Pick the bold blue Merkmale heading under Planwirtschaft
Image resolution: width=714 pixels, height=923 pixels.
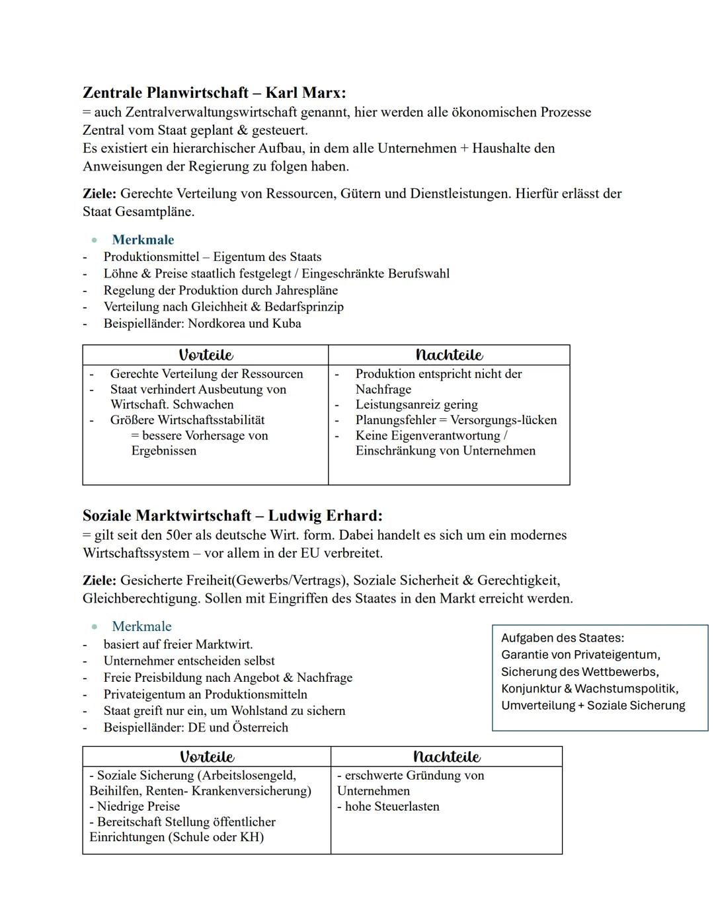[143, 240]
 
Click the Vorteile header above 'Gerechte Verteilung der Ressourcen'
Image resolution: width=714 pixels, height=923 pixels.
[206, 355]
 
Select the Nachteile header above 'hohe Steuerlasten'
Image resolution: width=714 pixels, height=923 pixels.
[446, 757]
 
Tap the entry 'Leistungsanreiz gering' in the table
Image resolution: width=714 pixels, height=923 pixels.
[416, 404]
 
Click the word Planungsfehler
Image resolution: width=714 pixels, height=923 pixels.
[396, 420]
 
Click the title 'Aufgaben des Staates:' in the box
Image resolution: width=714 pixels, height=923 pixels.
[562, 638]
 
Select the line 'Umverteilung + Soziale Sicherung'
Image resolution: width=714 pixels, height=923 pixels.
[593, 706]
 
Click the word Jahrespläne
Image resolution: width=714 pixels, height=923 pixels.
[305, 291]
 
